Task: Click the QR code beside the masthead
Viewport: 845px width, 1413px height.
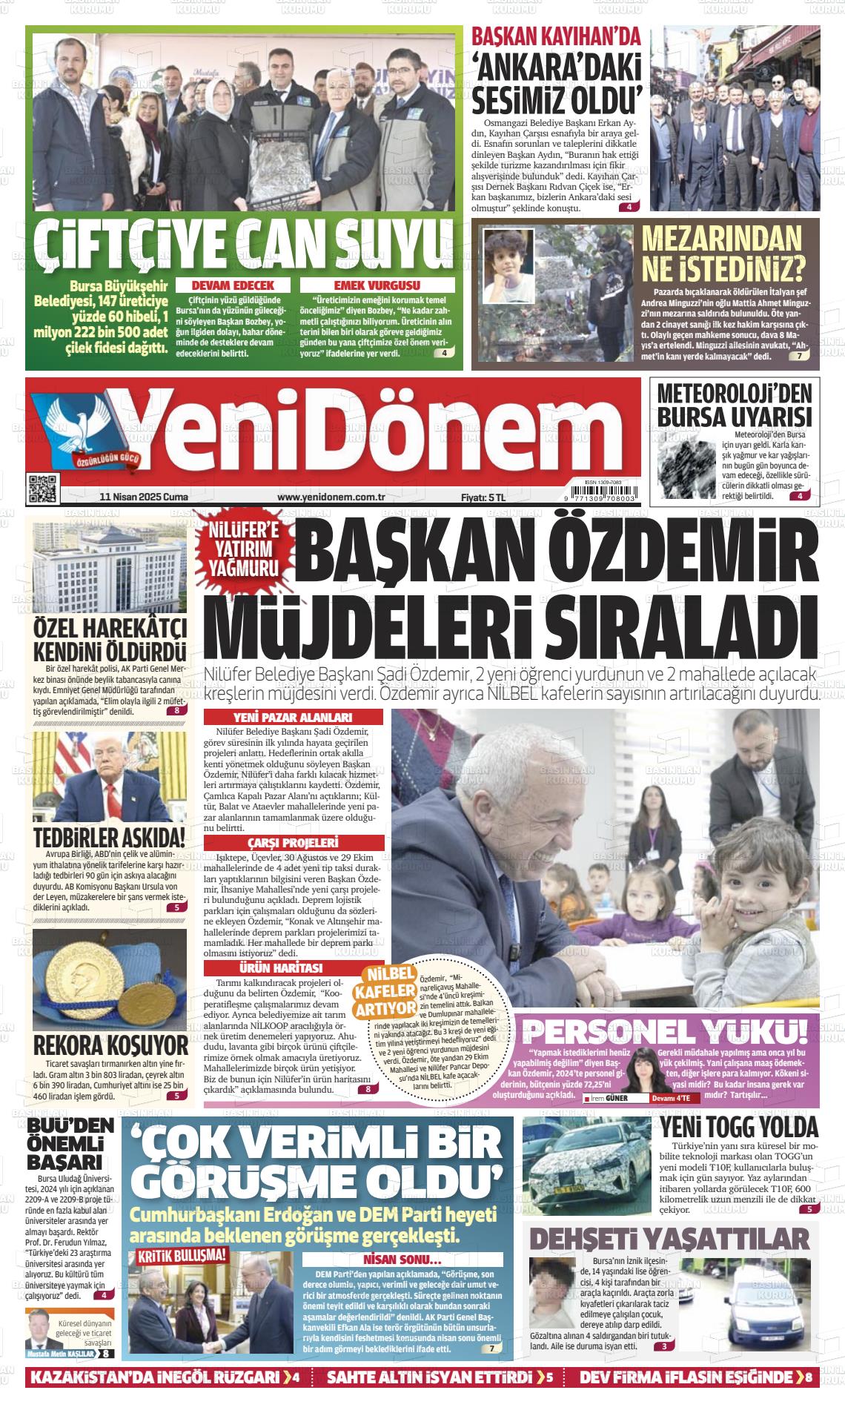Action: [x=42, y=487]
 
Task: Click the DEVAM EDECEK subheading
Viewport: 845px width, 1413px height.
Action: [x=233, y=285]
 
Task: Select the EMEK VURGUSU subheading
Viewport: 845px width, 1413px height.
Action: [x=377, y=285]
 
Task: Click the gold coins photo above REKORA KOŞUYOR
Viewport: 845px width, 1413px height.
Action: [x=110, y=977]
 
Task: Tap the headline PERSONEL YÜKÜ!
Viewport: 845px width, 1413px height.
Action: [x=664, y=1031]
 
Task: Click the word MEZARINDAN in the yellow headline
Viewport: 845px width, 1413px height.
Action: [x=721, y=237]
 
